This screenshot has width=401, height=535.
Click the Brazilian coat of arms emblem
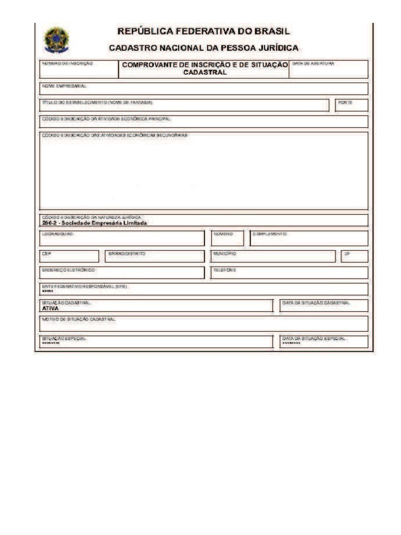(x=56, y=40)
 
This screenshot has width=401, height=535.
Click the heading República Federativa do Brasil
(x=203, y=31)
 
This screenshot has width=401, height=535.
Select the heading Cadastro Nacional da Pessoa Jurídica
(x=203, y=48)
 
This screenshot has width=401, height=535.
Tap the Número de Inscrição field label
(x=68, y=63)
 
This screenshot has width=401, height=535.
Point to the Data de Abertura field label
(x=313, y=63)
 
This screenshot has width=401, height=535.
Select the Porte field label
(x=345, y=102)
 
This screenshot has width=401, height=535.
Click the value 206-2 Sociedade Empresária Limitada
(x=95, y=223)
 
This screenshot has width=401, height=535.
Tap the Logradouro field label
(x=58, y=234)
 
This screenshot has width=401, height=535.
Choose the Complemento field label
(x=270, y=234)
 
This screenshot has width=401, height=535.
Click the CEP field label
(x=46, y=253)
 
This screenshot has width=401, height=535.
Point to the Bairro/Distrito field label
(x=127, y=253)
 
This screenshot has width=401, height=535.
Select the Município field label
(x=225, y=253)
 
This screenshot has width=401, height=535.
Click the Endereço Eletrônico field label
(x=69, y=270)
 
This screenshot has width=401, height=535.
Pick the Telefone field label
(x=225, y=270)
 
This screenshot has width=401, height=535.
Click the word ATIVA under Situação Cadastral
(x=51, y=308)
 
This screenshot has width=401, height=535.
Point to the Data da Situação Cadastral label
(x=316, y=303)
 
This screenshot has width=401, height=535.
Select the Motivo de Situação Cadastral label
(x=79, y=318)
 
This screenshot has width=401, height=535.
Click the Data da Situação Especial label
(x=314, y=339)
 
